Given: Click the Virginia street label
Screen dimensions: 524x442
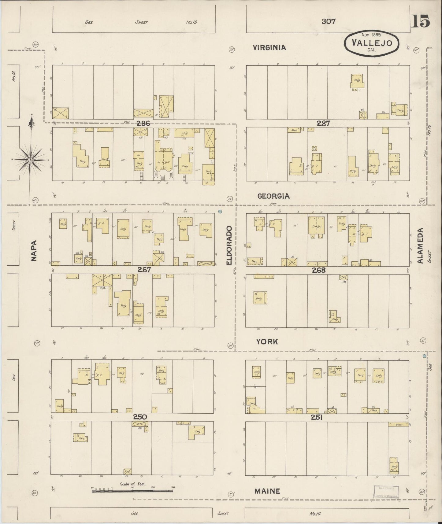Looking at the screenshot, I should pos(269,48).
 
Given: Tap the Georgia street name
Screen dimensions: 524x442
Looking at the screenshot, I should pos(273,196).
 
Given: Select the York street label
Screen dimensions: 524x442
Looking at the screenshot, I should pos(267,342).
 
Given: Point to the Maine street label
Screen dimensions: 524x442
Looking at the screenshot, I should pos(267,491).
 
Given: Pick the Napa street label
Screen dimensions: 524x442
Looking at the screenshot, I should pos(34,251).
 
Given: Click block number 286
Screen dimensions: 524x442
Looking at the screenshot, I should pos(143,124).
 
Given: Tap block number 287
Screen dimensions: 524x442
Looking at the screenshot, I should pos(323,124).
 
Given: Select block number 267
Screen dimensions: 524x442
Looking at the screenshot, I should pos(144,270).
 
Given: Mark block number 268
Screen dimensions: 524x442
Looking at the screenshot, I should pos(319,270).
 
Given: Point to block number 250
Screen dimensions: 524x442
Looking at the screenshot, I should pos(140,417).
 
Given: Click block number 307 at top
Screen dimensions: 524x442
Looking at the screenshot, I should pos(329,21).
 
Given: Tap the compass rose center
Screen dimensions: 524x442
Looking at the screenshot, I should pos(31,160).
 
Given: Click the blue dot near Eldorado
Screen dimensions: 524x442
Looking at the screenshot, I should pos(220,211).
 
